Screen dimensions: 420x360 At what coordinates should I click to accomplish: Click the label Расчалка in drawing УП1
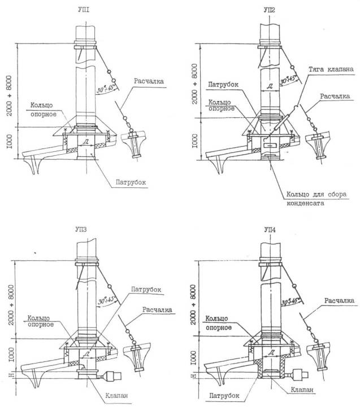(x=149, y=81)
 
